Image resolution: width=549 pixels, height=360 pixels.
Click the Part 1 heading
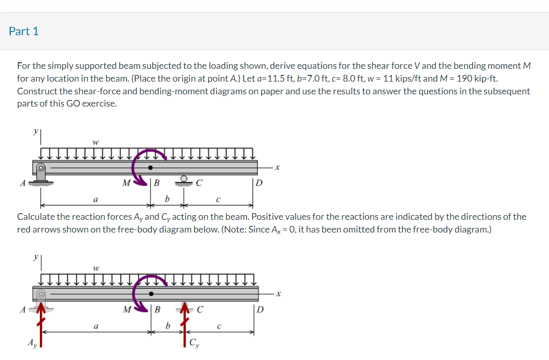pos(23,31)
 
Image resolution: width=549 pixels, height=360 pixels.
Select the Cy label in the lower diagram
pos(194,343)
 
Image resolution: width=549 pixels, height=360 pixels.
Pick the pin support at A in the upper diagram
pos(41,174)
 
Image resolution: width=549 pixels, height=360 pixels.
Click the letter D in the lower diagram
pos(260,310)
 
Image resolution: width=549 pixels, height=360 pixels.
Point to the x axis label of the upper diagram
pos(278,167)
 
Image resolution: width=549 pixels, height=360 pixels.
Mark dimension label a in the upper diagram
pos(95,198)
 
